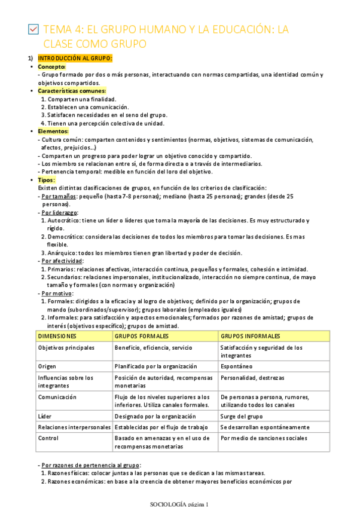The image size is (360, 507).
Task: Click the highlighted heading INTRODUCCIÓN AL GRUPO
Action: click(75, 58)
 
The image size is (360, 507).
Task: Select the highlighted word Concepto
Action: click(51, 66)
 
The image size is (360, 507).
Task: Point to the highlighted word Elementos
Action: click(53, 131)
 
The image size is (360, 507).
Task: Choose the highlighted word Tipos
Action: click(46, 179)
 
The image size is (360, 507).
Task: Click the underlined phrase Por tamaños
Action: click(54, 196)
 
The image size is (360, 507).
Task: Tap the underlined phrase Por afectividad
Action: click(62, 261)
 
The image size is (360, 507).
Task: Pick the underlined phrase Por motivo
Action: click(56, 293)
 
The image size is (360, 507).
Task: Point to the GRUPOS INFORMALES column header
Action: click(251, 336)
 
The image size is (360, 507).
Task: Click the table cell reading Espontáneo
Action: click(236, 366)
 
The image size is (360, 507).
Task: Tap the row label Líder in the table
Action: click(45, 416)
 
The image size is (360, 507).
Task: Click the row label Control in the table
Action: click(48, 438)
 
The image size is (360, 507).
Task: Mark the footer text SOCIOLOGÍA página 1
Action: click(179, 503)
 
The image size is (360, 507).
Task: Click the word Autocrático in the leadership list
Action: click(65, 221)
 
